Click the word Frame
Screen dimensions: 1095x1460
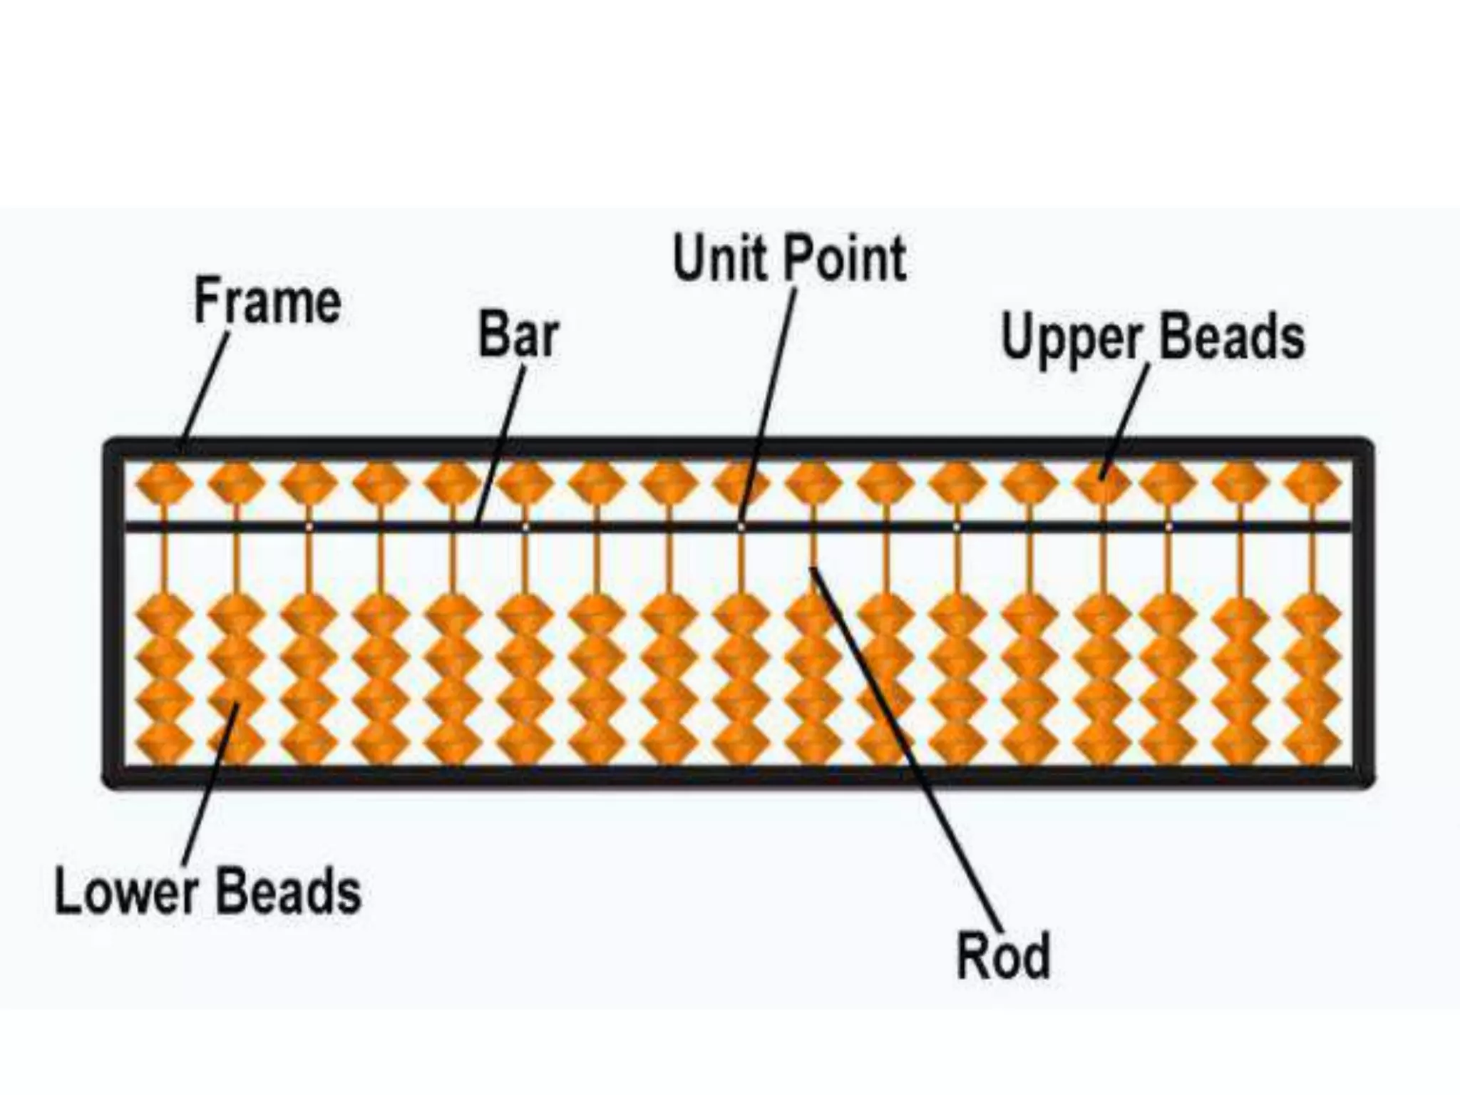pyautogui.click(x=267, y=302)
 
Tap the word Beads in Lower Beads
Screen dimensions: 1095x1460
pyautogui.click(x=288, y=891)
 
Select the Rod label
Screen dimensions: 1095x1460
pyautogui.click(x=1003, y=956)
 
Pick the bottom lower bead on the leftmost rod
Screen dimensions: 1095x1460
pyautogui.click(x=164, y=741)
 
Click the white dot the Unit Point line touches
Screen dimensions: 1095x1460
pyautogui.click(x=741, y=527)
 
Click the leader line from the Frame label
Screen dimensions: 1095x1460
pyautogui.click(x=207, y=389)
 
